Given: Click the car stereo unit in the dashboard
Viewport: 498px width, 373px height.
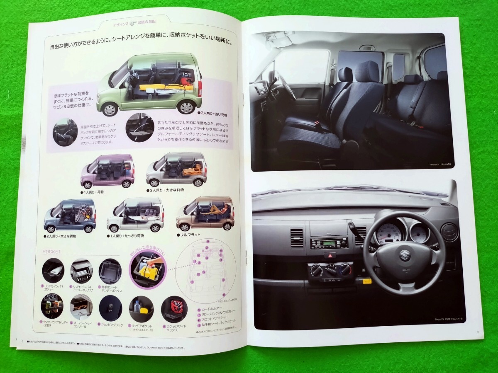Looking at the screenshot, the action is tap(329, 242).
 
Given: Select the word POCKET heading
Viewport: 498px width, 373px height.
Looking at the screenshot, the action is tap(51, 252).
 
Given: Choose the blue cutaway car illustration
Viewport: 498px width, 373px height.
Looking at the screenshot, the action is tap(70, 216).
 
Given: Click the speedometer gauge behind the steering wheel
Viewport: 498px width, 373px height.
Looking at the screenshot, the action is tap(389, 233).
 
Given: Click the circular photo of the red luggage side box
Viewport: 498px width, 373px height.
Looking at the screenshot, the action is tap(174, 308).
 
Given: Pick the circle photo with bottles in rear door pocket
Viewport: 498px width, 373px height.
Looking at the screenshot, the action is tap(141, 309).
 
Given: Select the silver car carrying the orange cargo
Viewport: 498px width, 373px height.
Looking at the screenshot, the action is tap(177, 170).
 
